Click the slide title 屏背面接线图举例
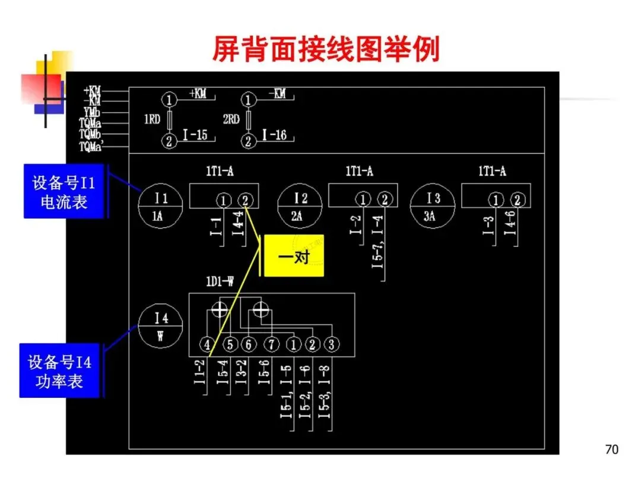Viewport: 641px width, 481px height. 326,50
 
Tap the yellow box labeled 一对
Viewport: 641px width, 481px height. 294,257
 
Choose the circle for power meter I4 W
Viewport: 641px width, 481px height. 160,326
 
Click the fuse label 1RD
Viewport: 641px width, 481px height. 152,119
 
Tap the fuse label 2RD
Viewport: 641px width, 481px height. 231,119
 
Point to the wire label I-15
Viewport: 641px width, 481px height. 195,136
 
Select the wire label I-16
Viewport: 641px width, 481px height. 274,136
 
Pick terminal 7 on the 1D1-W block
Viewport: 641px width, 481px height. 271,344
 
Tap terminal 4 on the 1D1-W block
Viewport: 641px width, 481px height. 207,344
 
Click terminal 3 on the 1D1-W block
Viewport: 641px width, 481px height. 332,344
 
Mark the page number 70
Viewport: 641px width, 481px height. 612,449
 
